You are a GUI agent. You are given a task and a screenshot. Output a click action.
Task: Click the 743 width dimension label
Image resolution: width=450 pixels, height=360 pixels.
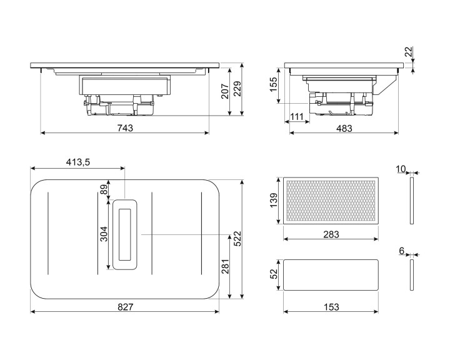125,128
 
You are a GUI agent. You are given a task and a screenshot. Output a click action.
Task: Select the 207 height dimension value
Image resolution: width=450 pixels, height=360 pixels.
225,91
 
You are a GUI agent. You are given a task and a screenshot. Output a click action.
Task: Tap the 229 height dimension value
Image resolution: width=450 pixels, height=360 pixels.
237,89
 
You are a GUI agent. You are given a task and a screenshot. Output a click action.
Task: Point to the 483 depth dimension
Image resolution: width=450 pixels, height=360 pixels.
344,128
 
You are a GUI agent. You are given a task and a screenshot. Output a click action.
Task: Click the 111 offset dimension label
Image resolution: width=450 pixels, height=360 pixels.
296,116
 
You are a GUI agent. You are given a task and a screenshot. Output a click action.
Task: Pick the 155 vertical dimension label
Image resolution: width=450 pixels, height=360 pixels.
274,84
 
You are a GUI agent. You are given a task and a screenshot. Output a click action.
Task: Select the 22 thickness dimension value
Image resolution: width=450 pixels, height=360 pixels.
408,51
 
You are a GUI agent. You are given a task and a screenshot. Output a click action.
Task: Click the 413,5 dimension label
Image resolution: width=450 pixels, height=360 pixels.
78,162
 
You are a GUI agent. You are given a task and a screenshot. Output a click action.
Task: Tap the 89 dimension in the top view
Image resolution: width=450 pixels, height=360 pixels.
104,189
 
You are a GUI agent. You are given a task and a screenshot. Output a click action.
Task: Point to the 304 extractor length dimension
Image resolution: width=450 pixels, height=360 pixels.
104,234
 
